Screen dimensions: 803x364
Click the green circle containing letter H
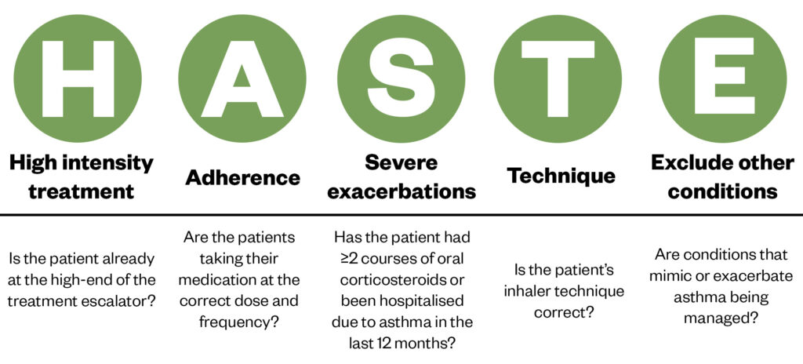78,78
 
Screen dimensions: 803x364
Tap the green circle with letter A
242,78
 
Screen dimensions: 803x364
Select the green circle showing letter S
401,78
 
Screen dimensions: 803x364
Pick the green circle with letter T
558,78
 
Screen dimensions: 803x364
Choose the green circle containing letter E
722,78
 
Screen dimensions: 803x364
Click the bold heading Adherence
243,177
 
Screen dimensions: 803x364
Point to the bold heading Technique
561,177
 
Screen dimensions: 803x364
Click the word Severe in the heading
401,162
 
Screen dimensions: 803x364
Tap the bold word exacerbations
401,191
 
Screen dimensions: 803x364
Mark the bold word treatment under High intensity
81,191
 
